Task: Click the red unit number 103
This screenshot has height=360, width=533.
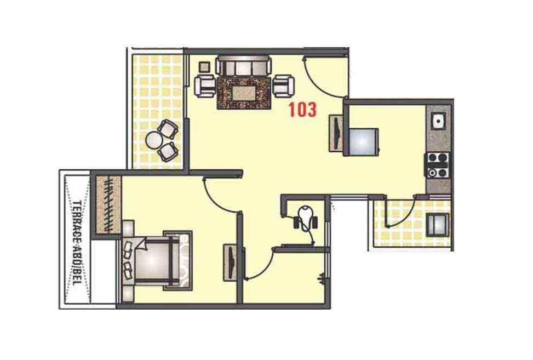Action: click(303, 109)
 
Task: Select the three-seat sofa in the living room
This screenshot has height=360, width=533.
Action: click(244, 65)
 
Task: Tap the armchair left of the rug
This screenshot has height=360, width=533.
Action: click(205, 85)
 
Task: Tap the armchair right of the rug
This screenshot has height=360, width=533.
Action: click(283, 85)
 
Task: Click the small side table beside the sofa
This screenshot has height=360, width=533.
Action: click(204, 67)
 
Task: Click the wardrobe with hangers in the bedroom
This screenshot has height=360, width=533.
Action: click(108, 203)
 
